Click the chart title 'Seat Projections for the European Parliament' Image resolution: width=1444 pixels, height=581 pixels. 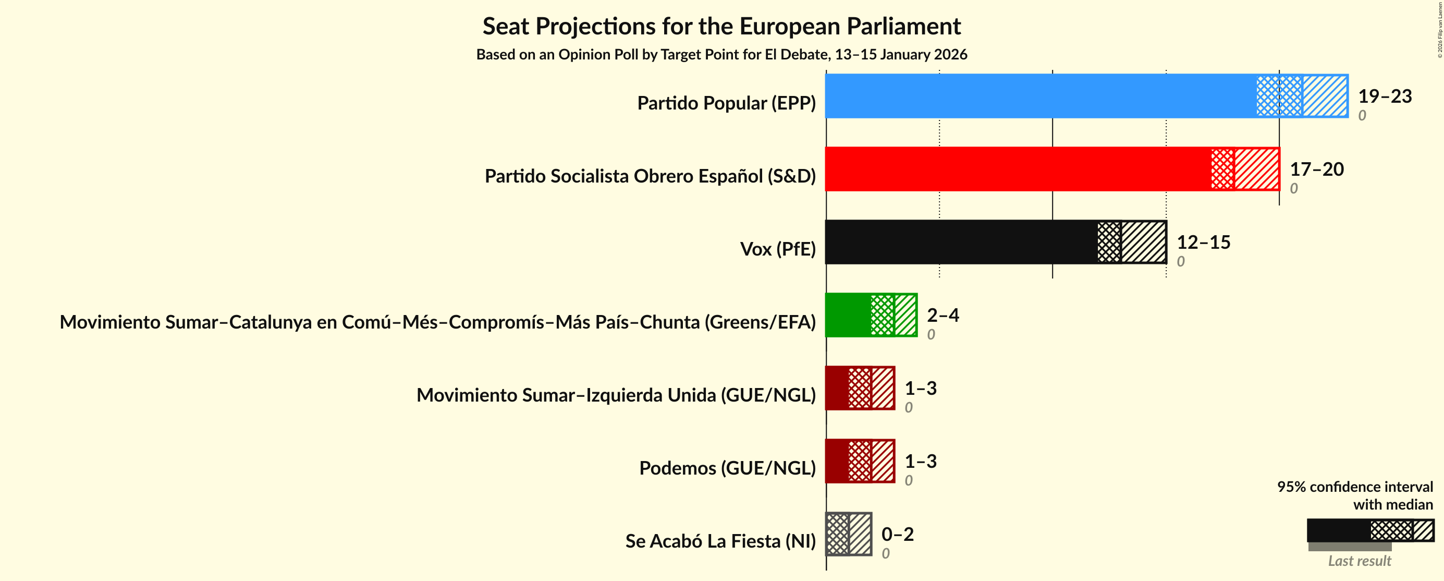721,27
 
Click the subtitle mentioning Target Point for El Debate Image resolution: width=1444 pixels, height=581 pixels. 721,54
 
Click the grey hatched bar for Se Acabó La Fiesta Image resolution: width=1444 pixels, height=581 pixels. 849,534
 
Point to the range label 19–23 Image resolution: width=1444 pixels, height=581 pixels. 1385,96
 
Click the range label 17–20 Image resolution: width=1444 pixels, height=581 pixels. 1316,169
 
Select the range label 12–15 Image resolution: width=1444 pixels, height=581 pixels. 1203,241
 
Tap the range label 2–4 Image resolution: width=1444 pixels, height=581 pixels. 943,315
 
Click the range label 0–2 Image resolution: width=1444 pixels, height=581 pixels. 898,534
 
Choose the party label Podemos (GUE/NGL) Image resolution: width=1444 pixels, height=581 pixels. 727,468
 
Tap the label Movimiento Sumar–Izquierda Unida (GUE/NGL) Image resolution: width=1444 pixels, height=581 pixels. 616,395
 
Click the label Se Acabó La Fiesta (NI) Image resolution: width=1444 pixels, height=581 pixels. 720,541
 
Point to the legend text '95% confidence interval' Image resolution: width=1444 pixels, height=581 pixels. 1354,486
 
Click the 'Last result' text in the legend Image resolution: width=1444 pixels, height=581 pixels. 1359,561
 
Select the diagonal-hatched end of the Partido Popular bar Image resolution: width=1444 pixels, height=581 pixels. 1325,96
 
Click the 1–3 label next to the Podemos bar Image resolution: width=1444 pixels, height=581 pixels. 921,461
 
